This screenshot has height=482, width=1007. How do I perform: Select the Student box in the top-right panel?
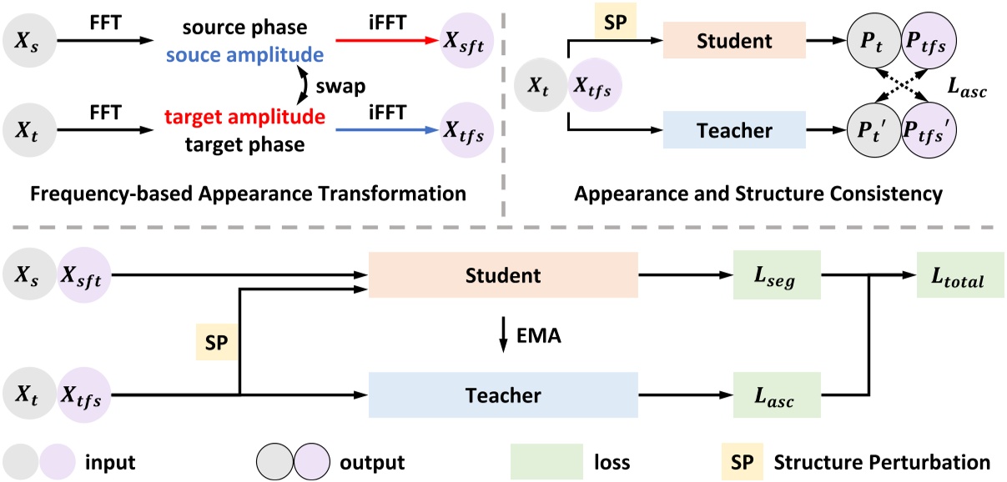734,39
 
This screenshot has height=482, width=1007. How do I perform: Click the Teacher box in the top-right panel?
734,130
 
